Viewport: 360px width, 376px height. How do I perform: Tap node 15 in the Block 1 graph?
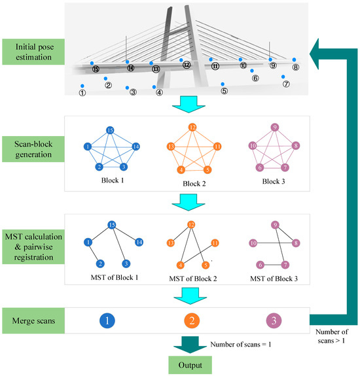point(111,131)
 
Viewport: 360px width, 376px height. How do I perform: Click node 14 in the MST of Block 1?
point(139,242)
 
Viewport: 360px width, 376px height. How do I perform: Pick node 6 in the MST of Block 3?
point(261,265)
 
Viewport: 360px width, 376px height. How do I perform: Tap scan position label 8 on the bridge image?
point(295,67)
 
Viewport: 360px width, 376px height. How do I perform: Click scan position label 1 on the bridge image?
point(82,94)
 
